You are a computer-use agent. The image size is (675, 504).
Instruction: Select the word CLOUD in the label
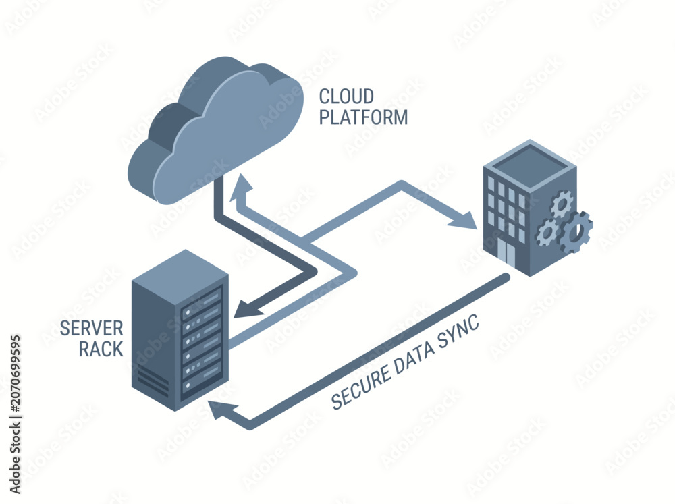(x=346, y=96)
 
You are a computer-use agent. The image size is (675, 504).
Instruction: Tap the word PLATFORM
(x=363, y=117)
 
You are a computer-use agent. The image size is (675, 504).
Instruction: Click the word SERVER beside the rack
(x=91, y=329)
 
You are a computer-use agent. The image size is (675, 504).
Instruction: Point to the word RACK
(x=101, y=349)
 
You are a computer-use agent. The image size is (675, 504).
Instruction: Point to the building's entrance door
(x=507, y=252)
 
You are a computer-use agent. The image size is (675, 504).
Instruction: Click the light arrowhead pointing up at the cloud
(x=242, y=188)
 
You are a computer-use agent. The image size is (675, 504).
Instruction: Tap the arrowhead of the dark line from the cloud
(x=248, y=308)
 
